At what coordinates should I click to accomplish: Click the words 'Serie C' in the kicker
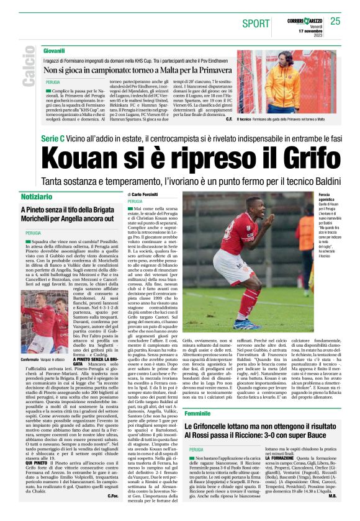(55, 139)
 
